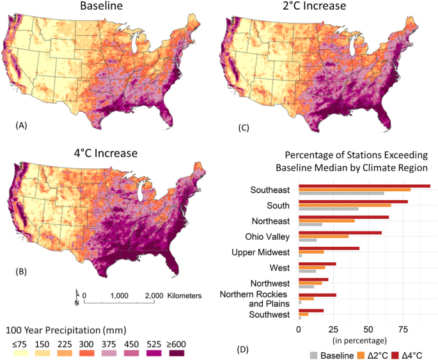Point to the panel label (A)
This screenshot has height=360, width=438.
[22, 127]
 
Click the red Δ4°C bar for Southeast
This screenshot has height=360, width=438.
[364, 186]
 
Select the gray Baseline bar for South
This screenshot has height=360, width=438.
[329, 209]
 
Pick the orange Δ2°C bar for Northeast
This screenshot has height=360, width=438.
[327, 221]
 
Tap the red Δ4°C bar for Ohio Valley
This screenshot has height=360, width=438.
[340, 233]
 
